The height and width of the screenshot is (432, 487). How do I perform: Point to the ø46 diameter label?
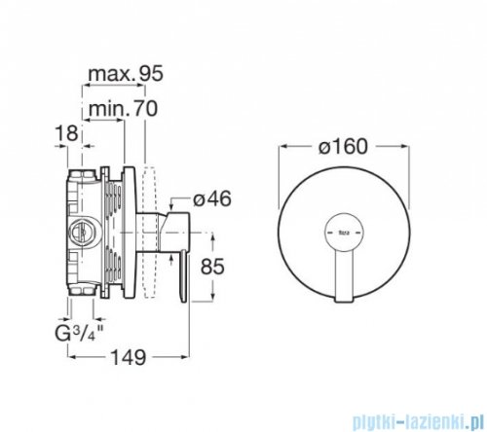(x=211, y=199)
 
